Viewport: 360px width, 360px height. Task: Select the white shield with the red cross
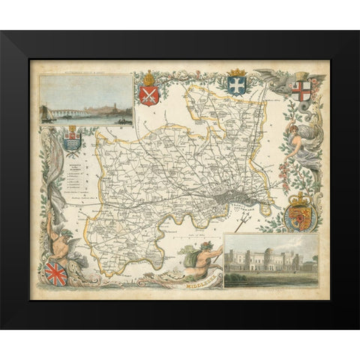301,91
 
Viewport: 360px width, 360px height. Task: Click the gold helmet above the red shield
148,77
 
